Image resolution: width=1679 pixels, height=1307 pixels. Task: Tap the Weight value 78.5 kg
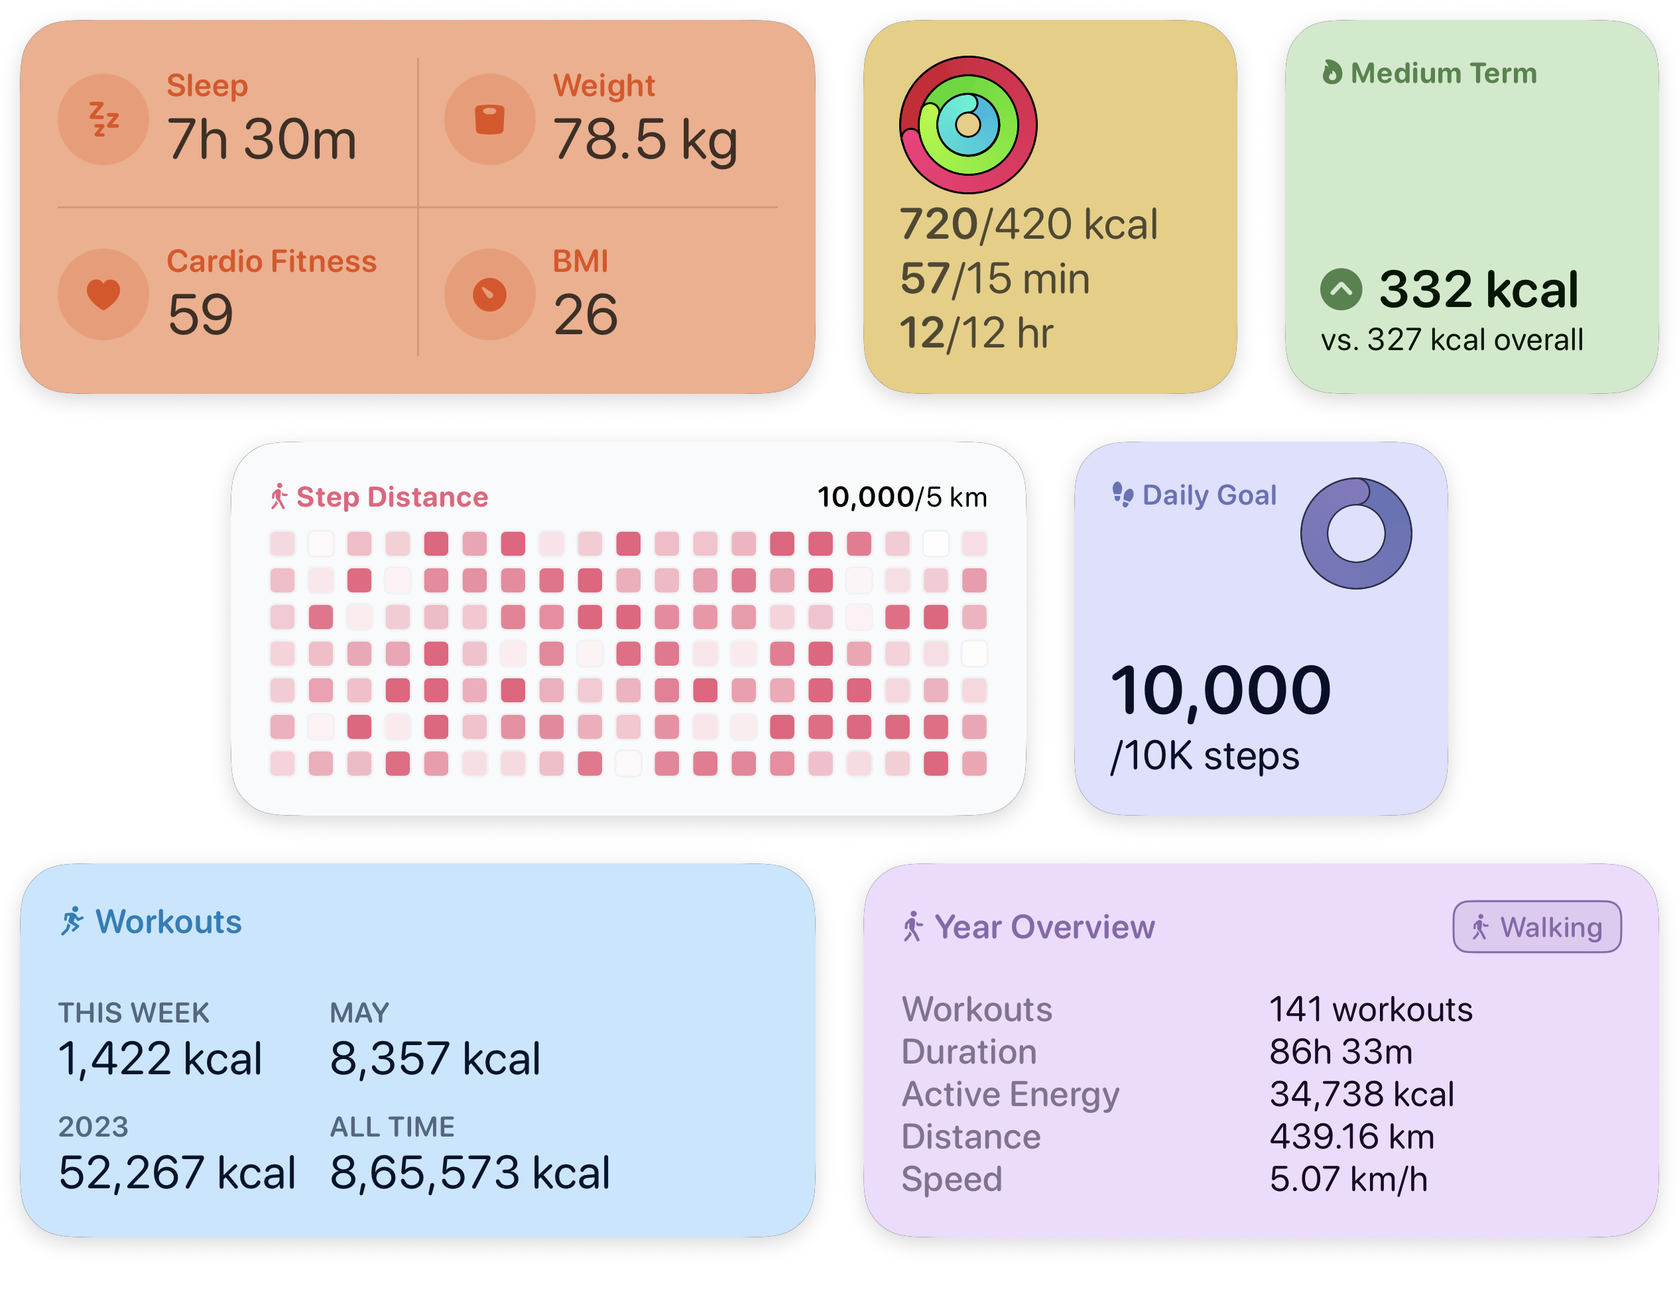(x=645, y=140)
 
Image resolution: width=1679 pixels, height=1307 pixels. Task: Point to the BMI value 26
(x=585, y=314)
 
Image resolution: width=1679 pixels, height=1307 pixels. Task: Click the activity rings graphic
(x=968, y=125)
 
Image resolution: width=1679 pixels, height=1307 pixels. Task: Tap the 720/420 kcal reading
(x=1028, y=223)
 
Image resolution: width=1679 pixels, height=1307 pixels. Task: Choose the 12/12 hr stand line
(x=975, y=333)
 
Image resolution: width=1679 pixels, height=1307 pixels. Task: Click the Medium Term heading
(x=1443, y=73)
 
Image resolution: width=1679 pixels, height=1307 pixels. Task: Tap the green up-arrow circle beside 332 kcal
(x=1341, y=290)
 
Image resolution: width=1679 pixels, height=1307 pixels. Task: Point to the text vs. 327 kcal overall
(x=1452, y=340)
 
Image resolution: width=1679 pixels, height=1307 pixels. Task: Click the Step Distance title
(x=391, y=497)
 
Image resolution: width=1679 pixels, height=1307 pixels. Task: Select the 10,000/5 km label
(x=902, y=497)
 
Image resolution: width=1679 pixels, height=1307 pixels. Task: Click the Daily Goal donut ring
(x=1355, y=534)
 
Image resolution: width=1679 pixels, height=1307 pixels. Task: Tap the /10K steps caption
(x=1205, y=756)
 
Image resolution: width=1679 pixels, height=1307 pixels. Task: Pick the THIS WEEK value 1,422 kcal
(x=160, y=1059)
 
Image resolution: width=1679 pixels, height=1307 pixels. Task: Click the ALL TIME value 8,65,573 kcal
(x=469, y=1173)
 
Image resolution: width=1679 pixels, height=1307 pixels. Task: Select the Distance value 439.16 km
(x=1351, y=1137)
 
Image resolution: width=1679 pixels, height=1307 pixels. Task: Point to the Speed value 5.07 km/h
(x=1347, y=1178)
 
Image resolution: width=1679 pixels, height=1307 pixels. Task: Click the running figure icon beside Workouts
(x=72, y=921)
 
